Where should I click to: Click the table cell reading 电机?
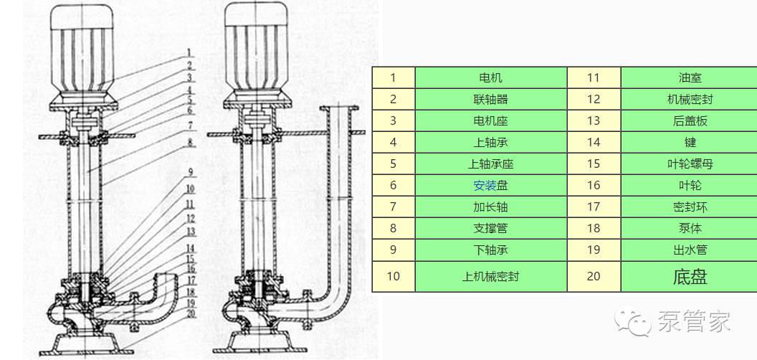[x=490, y=77]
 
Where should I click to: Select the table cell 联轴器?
[x=490, y=99]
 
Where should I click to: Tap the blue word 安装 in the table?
[x=485, y=185]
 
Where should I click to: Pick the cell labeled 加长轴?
[x=490, y=207]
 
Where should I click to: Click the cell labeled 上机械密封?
[x=490, y=276]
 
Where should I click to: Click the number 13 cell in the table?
[x=593, y=120]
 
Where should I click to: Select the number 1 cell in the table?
[x=393, y=77]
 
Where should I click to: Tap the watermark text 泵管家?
[x=694, y=323]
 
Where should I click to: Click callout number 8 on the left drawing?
[x=190, y=142]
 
